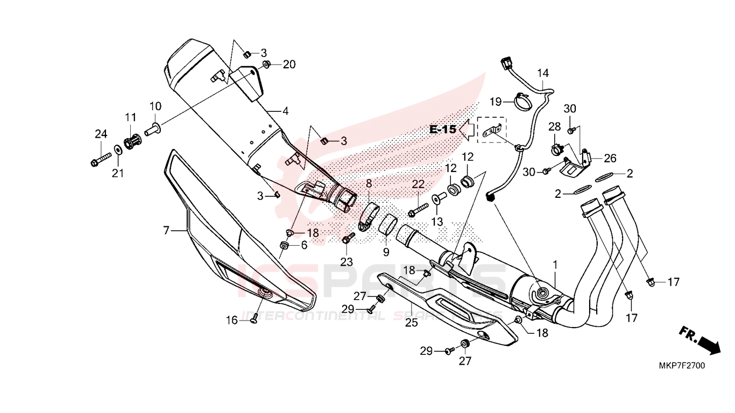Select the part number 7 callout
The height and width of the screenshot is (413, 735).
click(167, 231)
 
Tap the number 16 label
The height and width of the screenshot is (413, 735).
click(231, 321)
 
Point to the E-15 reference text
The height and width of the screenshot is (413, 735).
click(443, 130)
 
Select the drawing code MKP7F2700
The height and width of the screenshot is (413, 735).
click(682, 366)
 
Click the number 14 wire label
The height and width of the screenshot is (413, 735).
click(542, 73)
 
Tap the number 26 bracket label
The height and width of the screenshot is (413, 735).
click(610, 159)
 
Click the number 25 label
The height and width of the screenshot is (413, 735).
click(411, 323)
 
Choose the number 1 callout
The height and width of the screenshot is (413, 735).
click(555, 265)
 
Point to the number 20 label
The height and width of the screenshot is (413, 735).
click(289, 65)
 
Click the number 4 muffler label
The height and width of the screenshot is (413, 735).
click(285, 111)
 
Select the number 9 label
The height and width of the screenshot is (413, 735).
click(386, 252)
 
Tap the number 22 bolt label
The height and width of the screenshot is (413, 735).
click(419, 184)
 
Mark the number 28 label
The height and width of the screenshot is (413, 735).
click(555, 126)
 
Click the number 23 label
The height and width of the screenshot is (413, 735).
click(346, 262)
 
